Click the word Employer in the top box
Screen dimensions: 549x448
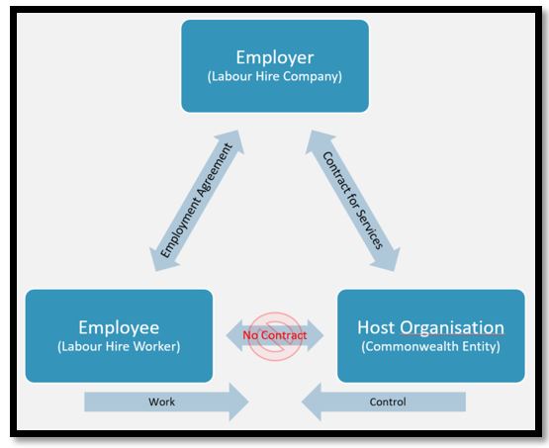[275, 57]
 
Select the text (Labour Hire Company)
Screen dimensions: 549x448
[275, 76]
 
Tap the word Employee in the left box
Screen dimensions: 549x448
[119, 328]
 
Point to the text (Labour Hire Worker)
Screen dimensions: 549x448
[119, 346]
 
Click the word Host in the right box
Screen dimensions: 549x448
[377, 327]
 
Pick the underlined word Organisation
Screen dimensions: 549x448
[452, 328]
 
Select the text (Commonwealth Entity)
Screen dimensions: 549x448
[430, 346]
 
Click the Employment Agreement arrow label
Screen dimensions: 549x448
[197, 200]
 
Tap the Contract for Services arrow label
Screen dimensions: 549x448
[352, 200]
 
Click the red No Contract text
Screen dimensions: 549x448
[275, 335]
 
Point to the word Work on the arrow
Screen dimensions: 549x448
[161, 402]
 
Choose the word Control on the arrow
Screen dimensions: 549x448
[388, 402]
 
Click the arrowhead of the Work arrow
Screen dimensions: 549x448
[239, 402]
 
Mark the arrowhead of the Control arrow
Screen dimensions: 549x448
[312, 402]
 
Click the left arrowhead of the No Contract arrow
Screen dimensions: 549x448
[233, 335]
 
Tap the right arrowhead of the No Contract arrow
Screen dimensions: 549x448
[316, 335]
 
